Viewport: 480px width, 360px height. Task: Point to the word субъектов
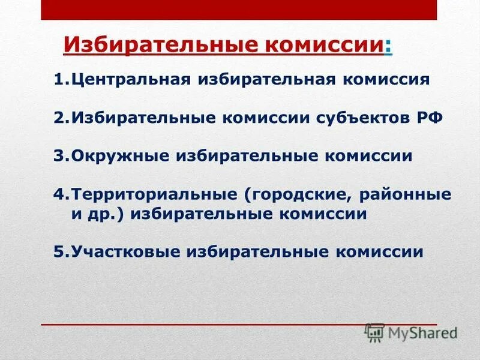(339, 118)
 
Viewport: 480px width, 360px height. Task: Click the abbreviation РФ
(411, 118)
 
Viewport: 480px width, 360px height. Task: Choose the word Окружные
(120, 156)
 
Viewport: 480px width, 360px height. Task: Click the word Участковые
(127, 252)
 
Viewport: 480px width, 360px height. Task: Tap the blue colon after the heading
(389, 46)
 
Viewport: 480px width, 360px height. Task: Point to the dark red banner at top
(239, 9)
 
